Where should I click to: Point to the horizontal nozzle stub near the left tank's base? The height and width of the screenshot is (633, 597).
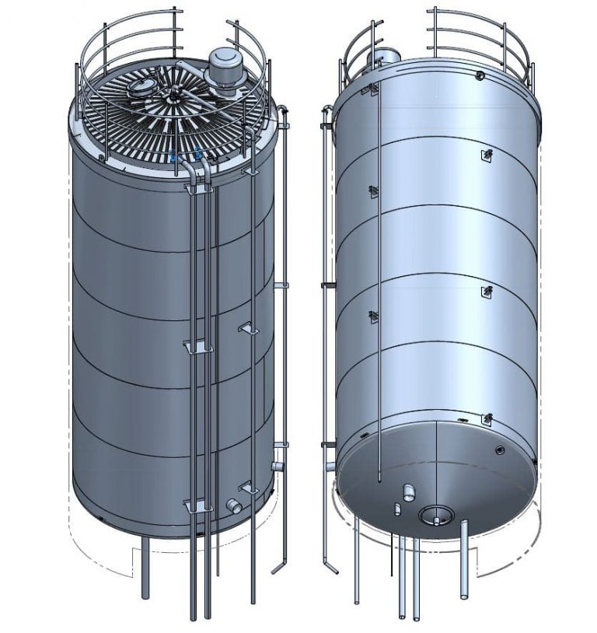click(234, 505)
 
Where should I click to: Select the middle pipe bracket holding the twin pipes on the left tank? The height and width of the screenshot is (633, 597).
click(196, 345)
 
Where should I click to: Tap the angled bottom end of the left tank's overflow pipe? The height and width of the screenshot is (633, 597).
click(278, 568)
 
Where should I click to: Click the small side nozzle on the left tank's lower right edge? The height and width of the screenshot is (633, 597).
click(277, 467)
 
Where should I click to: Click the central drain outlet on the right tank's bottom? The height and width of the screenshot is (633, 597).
click(433, 514)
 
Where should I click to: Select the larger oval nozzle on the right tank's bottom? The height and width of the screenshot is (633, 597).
click(409, 492)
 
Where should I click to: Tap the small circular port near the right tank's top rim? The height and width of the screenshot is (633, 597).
click(480, 75)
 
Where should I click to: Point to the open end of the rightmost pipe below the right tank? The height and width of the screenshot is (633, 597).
click(464, 597)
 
